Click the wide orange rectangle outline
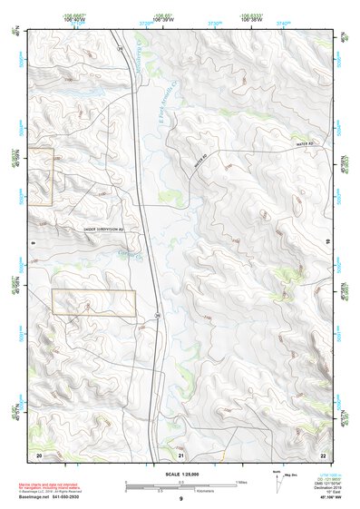pyautogui.click(x=93, y=303)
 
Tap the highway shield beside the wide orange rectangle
pyautogui.click(x=157, y=316)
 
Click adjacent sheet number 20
pyautogui.click(x=39, y=453)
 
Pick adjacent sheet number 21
pyautogui.click(x=181, y=453)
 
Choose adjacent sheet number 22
pyautogui.click(x=323, y=453)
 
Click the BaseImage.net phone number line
pyautogui.click(x=52, y=499)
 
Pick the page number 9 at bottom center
pyautogui.click(x=180, y=500)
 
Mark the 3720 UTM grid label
pyautogui.click(x=147, y=23)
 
